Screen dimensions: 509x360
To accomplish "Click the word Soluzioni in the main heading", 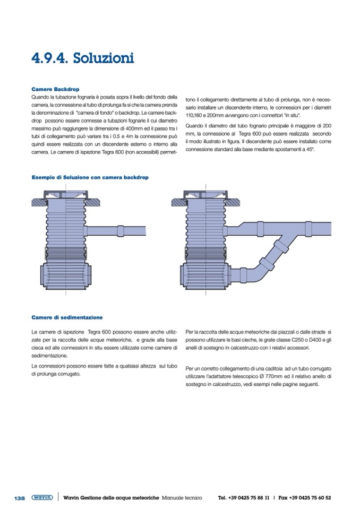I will pyautogui.click(x=104, y=57).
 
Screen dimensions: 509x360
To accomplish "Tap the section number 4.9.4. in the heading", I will pyautogui.click(x=51, y=57).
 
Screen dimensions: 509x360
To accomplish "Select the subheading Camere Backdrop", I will pyautogui.click(x=55, y=89).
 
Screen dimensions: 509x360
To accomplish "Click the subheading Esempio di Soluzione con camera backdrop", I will pyautogui.click(x=90, y=176).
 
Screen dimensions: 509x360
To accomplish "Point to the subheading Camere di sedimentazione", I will pyautogui.click(x=67, y=317).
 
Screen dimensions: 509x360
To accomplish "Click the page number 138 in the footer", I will pyautogui.click(x=19, y=498).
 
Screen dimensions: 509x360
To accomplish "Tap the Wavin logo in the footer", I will pyautogui.click(x=42, y=498).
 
